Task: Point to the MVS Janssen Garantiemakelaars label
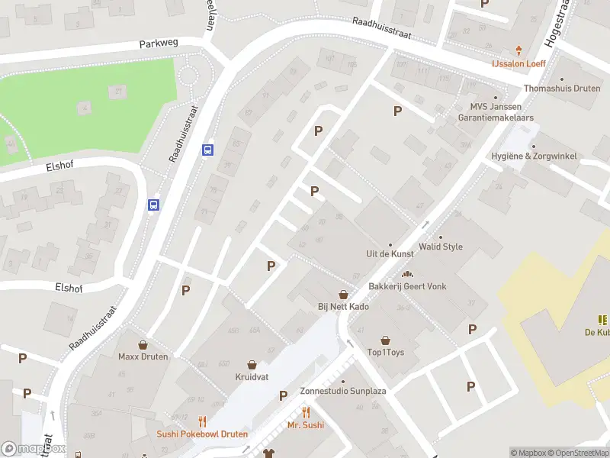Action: pyautogui.click(x=495, y=113)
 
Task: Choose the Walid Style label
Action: pyautogui.click(x=441, y=247)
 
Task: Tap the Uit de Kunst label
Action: pyautogui.click(x=390, y=254)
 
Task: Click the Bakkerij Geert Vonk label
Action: pyautogui.click(x=407, y=286)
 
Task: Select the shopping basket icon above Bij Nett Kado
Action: pyautogui.click(x=343, y=294)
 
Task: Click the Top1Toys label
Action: pyautogui.click(x=385, y=353)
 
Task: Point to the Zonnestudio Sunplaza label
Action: pyautogui.click(x=343, y=391)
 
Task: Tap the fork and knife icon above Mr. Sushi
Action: pyautogui.click(x=305, y=412)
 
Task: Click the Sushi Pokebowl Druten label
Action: pyautogui.click(x=202, y=434)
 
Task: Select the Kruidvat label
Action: pyautogui.click(x=251, y=377)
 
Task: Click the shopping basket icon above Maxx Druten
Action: pyautogui.click(x=143, y=344)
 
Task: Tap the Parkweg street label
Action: pyautogui.click(x=159, y=44)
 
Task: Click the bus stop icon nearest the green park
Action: pyautogui.click(x=207, y=150)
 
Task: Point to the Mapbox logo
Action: pyautogui.click(x=33, y=449)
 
